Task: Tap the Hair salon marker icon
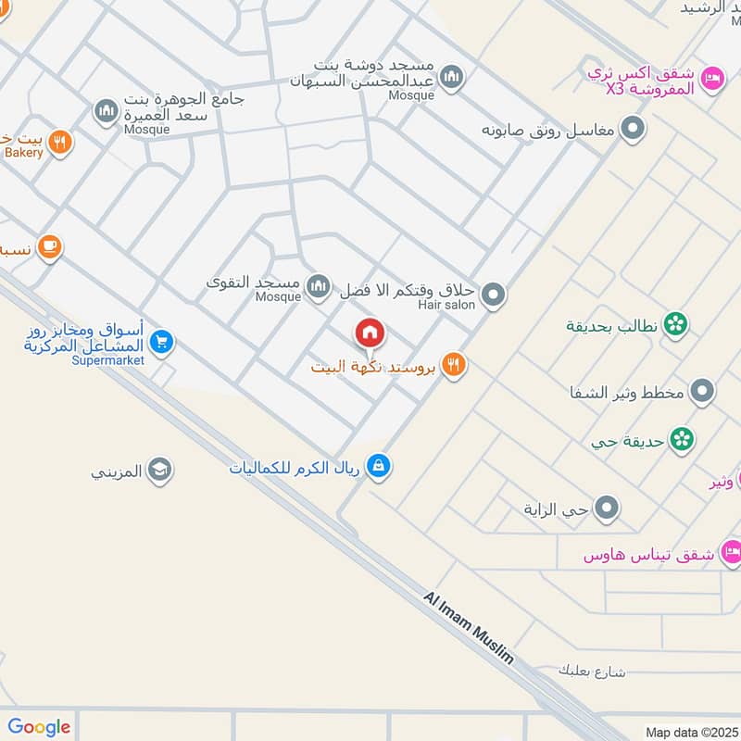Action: point(495,295)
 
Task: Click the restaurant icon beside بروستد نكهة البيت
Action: point(452,366)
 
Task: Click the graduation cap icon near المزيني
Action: point(160,471)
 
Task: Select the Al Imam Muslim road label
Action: point(469,628)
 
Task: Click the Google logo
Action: point(39,727)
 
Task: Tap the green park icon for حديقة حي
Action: point(683,439)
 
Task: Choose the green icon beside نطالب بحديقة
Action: point(676,324)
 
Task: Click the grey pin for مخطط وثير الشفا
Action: point(703,391)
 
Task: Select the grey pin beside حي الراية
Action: point(607,508)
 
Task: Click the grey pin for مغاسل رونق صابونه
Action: point(633,129)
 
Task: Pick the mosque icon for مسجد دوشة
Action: point(451,78)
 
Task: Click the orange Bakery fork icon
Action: point(60,143)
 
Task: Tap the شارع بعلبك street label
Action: point(593,670)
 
